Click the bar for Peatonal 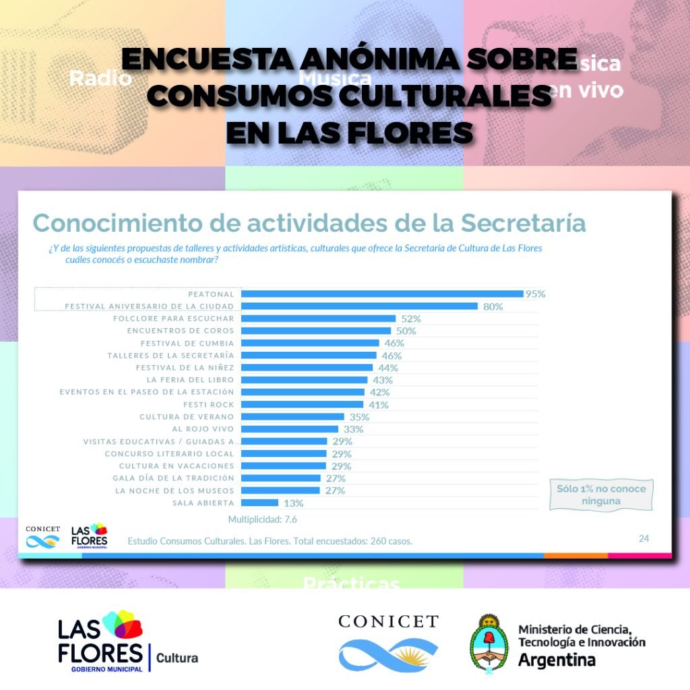click(382, 294)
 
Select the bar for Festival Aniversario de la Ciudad click(359, 307)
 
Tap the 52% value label click(411, 319)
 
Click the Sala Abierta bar click(259, 503)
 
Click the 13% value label click(293, 503)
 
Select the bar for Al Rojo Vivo click(290, 429)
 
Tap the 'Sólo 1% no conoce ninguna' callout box click(592, 495)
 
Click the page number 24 click(644, 538)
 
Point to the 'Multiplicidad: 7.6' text click(262, 520)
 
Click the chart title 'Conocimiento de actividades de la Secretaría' click(309, 223)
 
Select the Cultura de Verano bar click(292, 417)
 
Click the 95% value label click(535, 294)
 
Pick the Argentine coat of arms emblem click(488, 644)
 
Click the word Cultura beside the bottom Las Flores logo click(177, 658)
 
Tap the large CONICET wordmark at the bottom click(388, 621)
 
